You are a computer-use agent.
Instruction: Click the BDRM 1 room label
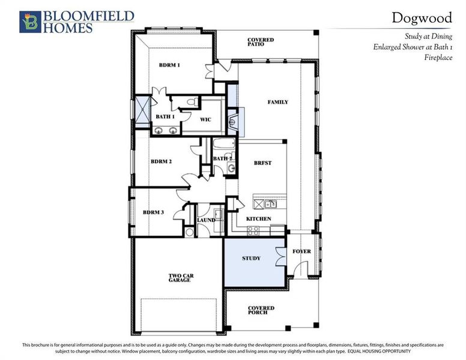click(x=169, y=65)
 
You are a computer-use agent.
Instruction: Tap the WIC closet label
click(x=206, y=118)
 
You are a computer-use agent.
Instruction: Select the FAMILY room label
click(x=277, y=102)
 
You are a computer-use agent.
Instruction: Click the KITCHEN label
click(x=258, y=219)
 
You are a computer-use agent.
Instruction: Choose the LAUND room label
click(x=205, y=220)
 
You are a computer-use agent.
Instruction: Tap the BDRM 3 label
click(x=153, y=212)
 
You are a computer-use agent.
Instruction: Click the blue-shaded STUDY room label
click(x=251, y=259)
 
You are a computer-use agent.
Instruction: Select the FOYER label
click(x=301, y=251)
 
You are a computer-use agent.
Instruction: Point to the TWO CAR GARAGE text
click(x=180, y=277)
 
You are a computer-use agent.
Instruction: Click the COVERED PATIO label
click(x=261, y=42)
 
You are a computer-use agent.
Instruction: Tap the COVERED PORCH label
click(x=261, y=310)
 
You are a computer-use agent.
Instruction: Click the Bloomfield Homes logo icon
click(x=28, y=22)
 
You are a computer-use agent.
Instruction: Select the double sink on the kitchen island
click(x=265, y=203)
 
